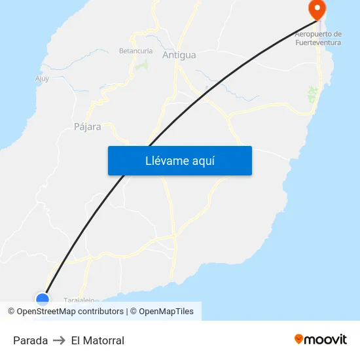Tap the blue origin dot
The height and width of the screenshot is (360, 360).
(43, 300)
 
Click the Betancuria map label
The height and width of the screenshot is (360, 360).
(135, 50)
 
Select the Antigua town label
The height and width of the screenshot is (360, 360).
(179, 55)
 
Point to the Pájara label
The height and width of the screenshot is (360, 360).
(88, 127)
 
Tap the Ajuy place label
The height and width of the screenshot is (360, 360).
(42, 79)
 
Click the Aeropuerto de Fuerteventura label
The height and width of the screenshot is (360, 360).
(319, 38)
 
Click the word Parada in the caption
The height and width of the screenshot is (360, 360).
(30, 340)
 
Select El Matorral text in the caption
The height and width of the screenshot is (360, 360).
(98, 340)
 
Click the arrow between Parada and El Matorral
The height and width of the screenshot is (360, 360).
(60, 340)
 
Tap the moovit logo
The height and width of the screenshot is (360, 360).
(321, 339)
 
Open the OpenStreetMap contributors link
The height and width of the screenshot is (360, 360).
(70, 312)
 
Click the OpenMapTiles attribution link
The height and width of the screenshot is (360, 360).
(166, 312)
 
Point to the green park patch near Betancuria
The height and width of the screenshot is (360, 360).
(143, 65)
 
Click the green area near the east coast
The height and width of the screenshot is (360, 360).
(312, 95)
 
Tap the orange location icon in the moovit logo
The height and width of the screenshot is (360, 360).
(299, 339)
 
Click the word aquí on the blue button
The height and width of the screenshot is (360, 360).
(202, 160)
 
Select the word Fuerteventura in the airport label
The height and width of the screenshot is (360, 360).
(319, 43)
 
